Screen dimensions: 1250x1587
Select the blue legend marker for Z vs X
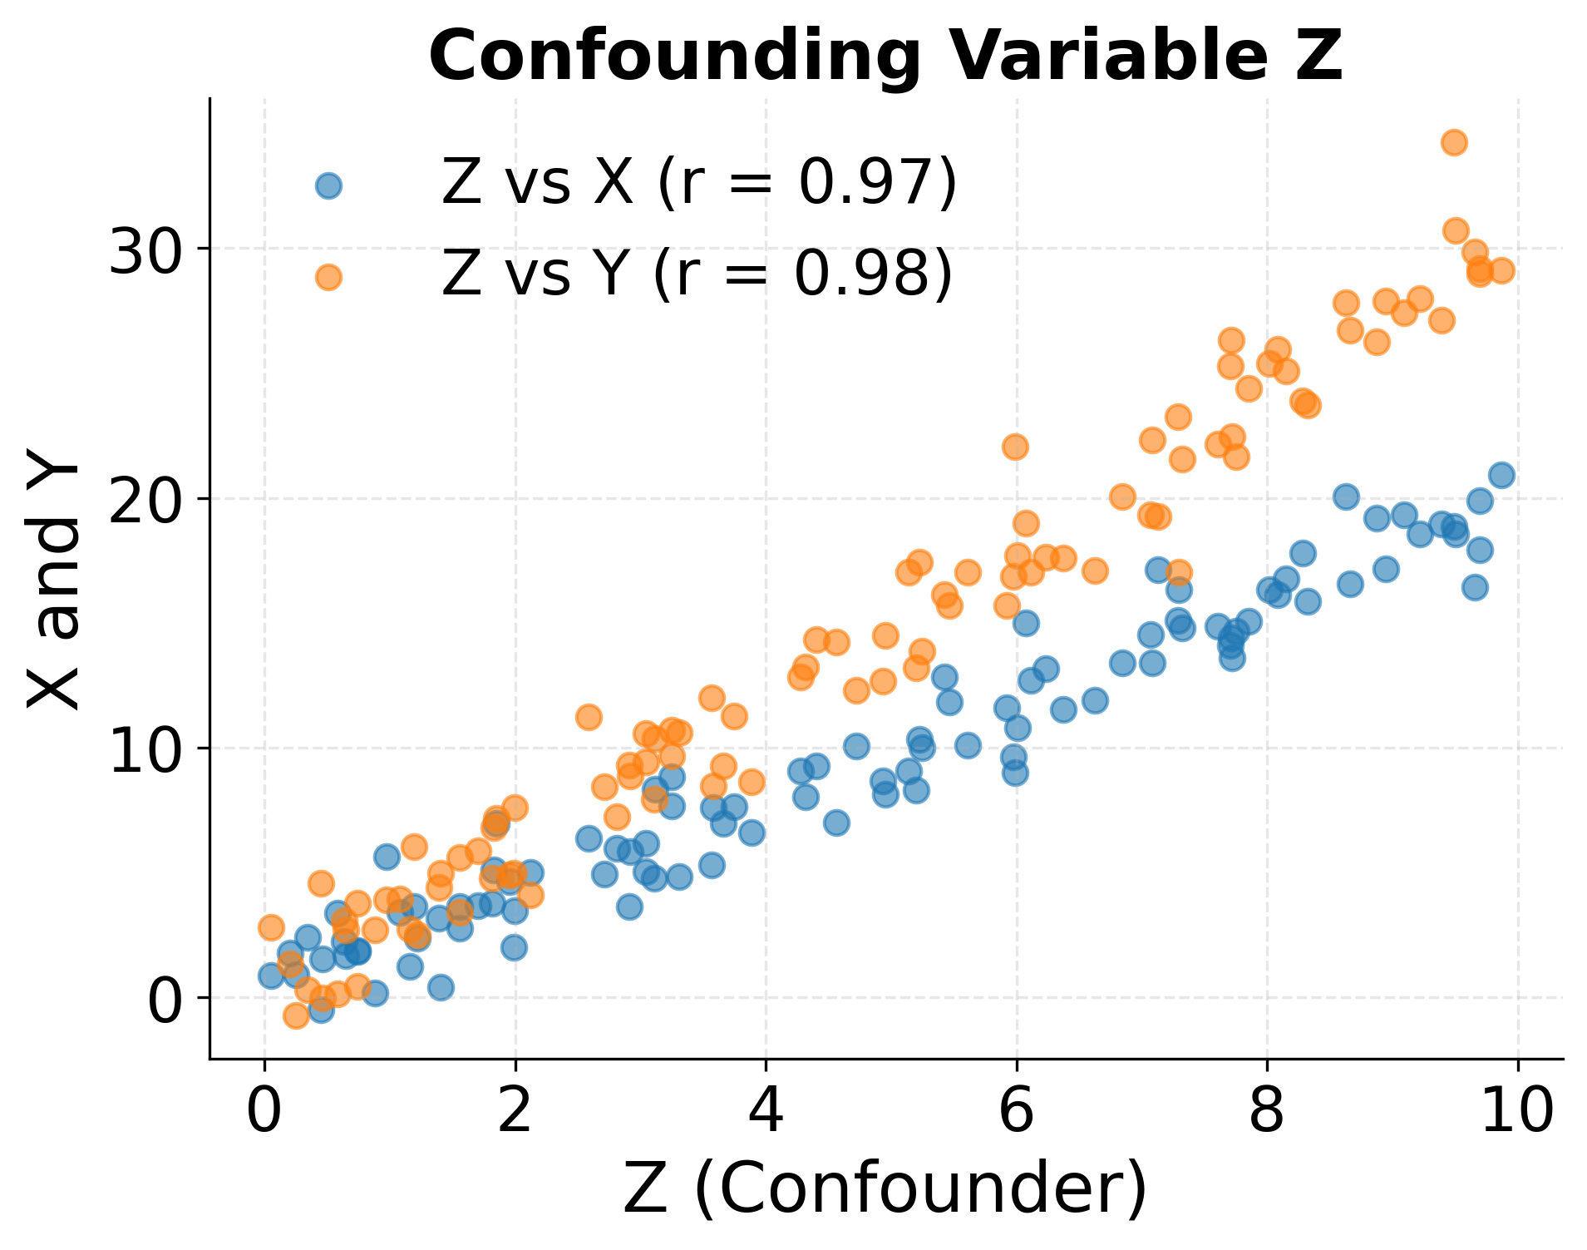(x=328, y=185)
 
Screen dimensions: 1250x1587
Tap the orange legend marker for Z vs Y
(x=328, y=277)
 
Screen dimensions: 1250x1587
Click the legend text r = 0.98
(x=815, y=274)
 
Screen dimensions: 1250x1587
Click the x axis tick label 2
(x=515, y=1111)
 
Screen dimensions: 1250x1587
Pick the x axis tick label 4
(x=765, y=1111)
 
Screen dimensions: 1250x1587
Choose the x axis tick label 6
(x=1016, y=1111)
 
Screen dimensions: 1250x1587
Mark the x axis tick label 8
(x=1267, y=1111)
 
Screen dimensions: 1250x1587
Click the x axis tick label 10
(x=1518, y=1111)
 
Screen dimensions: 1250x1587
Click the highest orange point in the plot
(x=1454, y=142)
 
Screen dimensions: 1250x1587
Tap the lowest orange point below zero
(x=296, y=1015)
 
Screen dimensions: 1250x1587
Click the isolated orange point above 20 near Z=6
(x=1015, y=447)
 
